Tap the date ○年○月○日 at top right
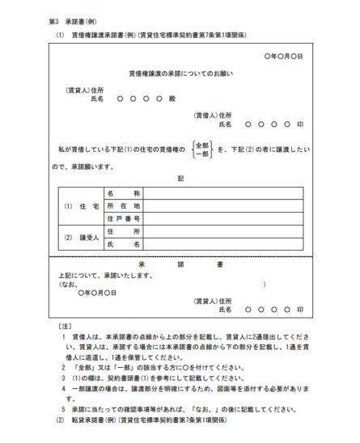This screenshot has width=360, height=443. [283, 57]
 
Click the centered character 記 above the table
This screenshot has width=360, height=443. [180, 177]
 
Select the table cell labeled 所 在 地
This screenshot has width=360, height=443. [124, 206]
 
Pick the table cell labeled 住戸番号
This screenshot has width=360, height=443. [124, 218]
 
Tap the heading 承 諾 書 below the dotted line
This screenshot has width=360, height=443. [180, 265]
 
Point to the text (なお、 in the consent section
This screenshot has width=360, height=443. [64, 285]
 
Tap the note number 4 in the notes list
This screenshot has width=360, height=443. [64, 388]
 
